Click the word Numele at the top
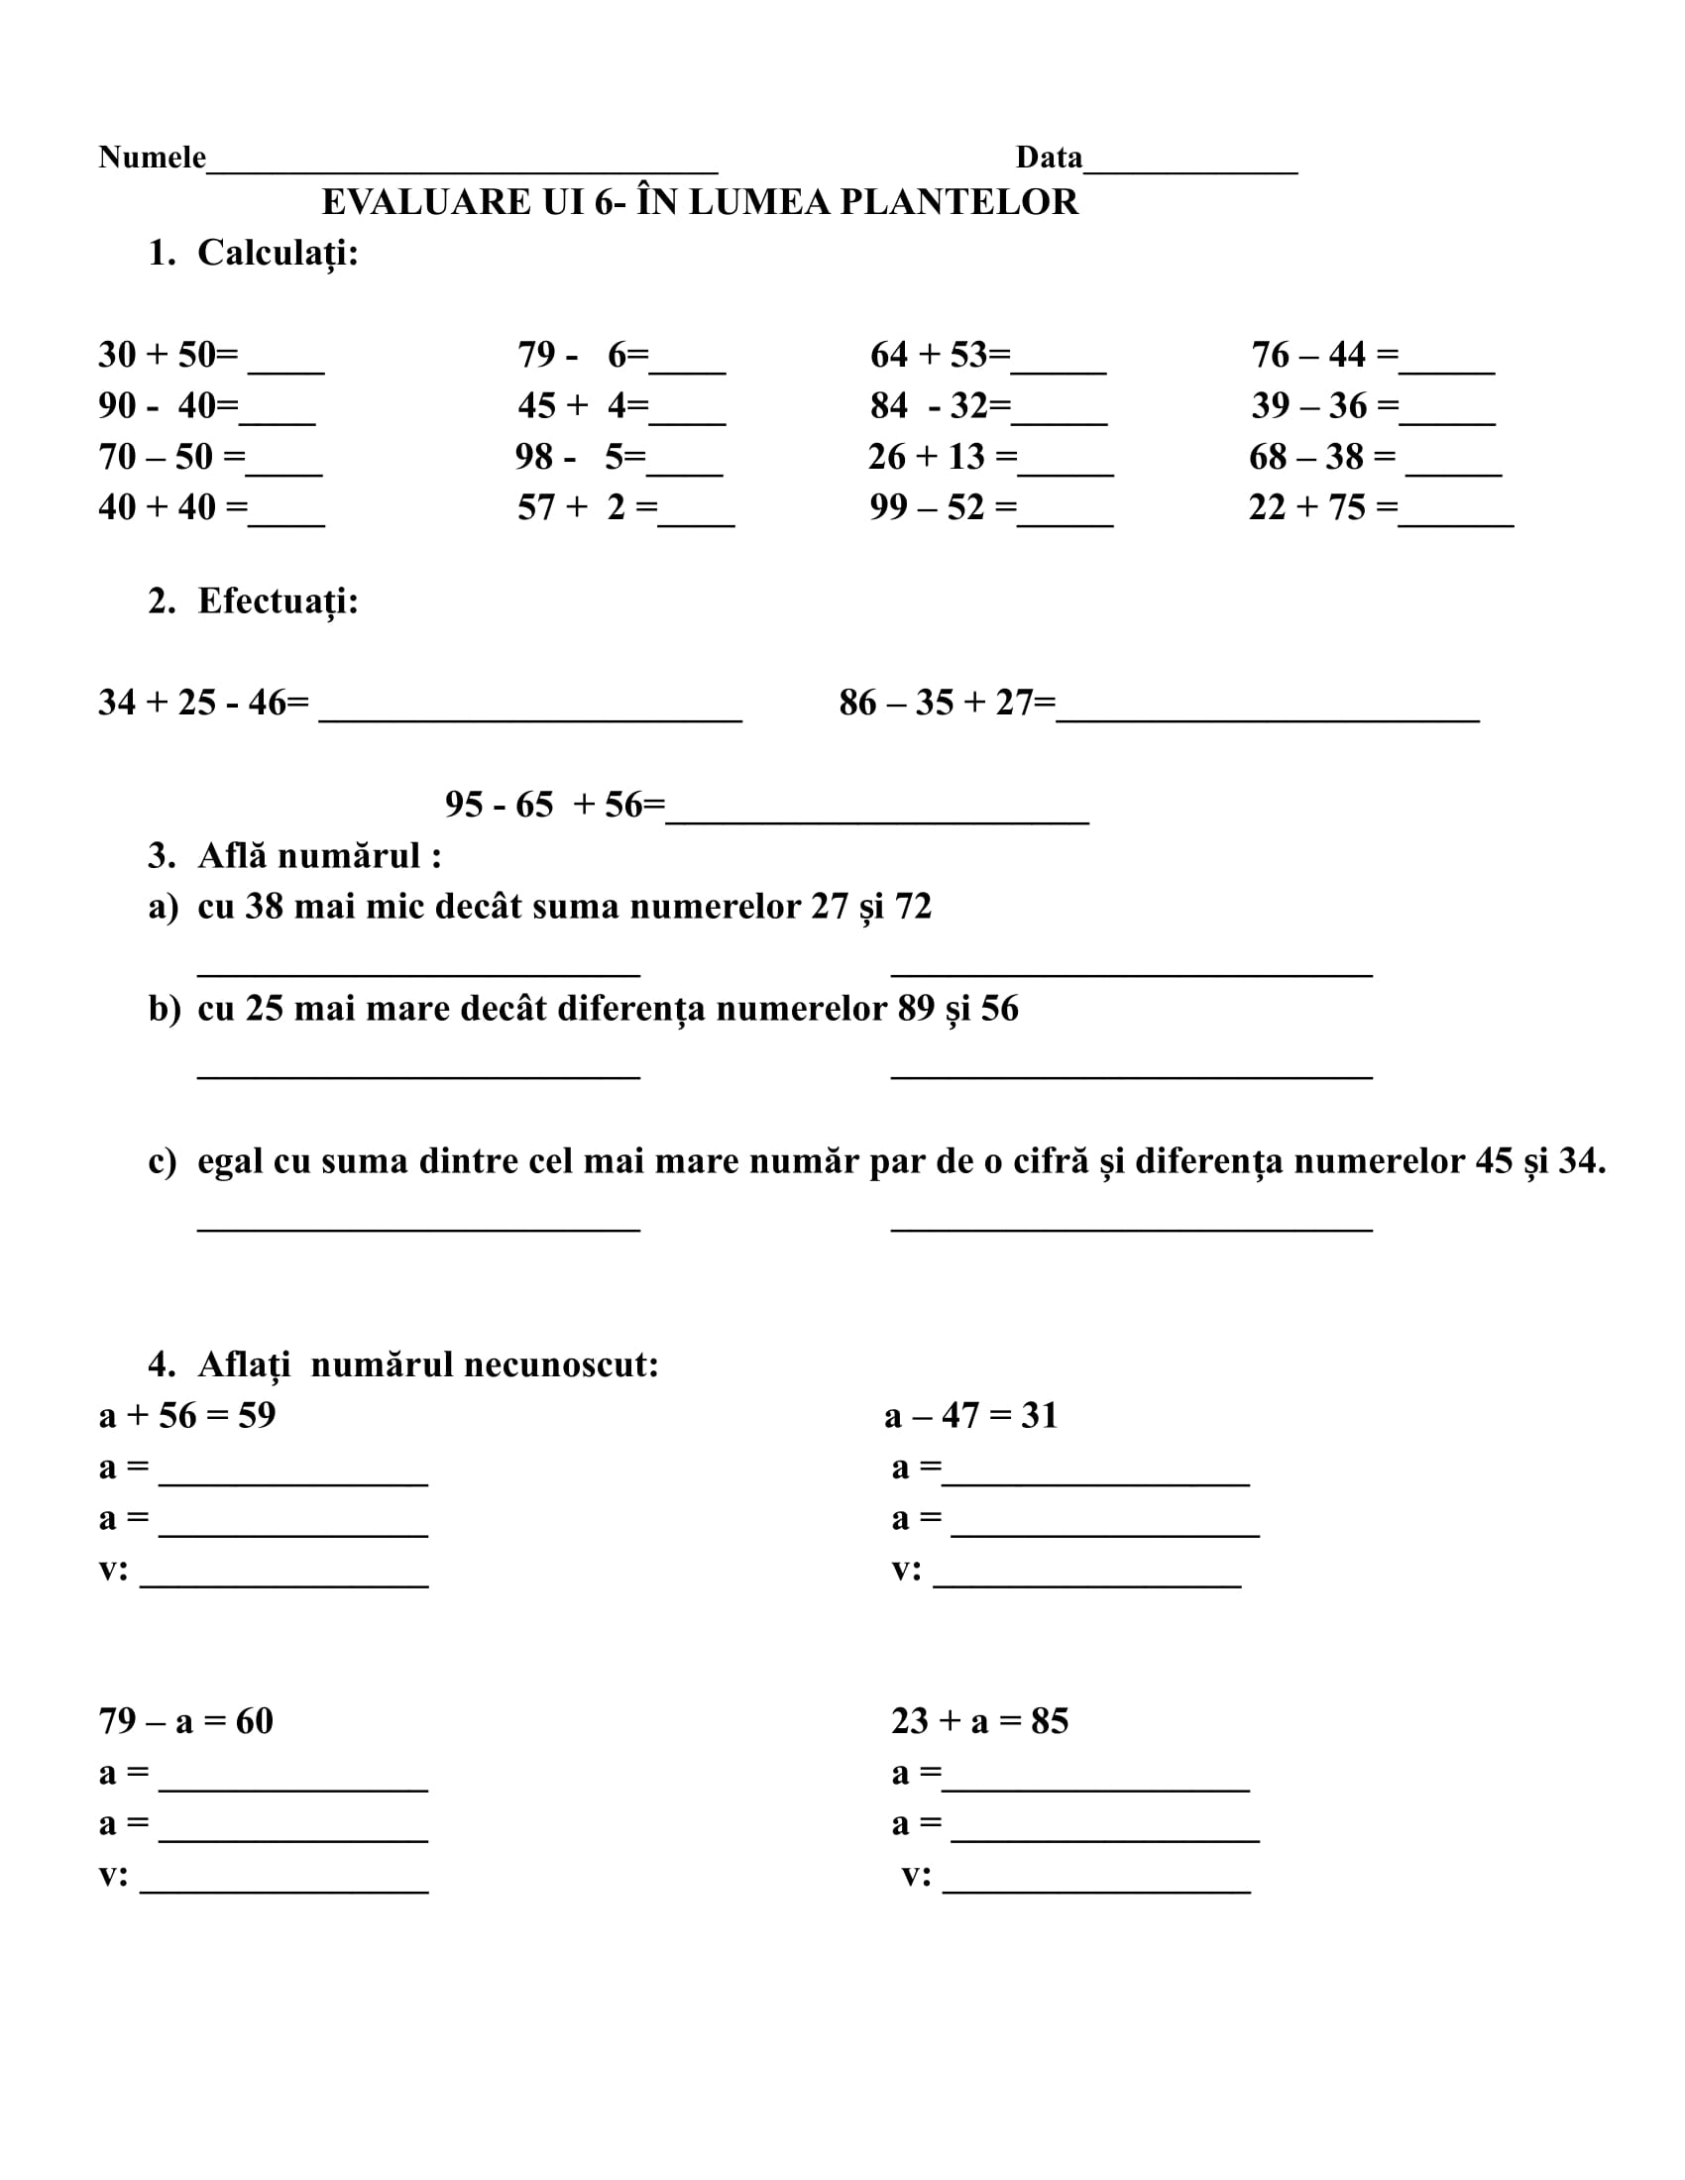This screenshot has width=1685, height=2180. [152, 157]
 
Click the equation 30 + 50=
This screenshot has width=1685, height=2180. [168, 355]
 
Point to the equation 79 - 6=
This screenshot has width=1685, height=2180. [583, 355]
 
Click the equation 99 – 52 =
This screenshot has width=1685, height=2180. [944, 507]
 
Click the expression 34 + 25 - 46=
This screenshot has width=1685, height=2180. [203, 703]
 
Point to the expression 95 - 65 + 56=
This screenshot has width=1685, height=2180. [555, 805]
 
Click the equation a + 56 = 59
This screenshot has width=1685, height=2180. [187, 1415]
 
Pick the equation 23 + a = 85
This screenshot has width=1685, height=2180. [979, 1721]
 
